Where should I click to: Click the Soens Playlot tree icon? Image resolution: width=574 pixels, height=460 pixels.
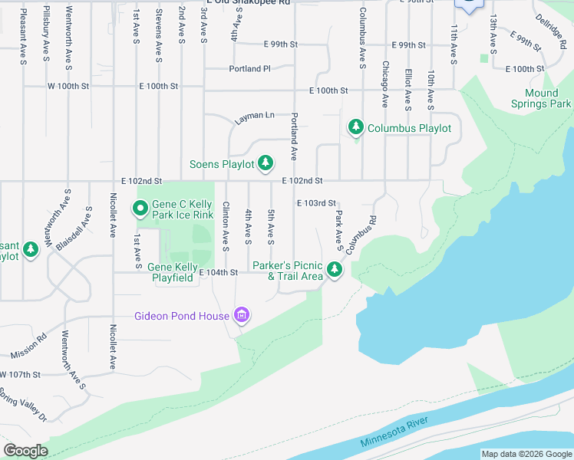coord(265,163)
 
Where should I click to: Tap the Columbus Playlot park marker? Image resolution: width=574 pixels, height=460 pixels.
coord(355,127)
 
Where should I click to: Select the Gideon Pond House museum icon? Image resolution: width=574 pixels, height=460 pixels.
coord(241,315)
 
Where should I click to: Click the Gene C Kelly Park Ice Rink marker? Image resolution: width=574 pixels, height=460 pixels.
coord(140,208)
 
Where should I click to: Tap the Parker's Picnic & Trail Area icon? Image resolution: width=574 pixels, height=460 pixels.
coord(334,269)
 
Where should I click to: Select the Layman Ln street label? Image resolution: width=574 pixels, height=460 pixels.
coord(255,115)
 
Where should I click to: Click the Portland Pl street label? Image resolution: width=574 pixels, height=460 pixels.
coord(250,68)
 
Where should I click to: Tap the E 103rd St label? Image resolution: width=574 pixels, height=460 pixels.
coord(317,203)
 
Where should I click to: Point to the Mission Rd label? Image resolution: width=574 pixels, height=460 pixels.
coord(28,346)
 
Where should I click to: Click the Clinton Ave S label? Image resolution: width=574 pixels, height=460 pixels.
coord(226,225)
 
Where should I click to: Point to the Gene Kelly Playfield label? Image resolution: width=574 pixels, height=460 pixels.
coord(170,272)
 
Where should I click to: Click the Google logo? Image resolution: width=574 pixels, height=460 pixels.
coord(26,451)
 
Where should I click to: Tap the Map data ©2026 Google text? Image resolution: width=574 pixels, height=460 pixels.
coord(526,454)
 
